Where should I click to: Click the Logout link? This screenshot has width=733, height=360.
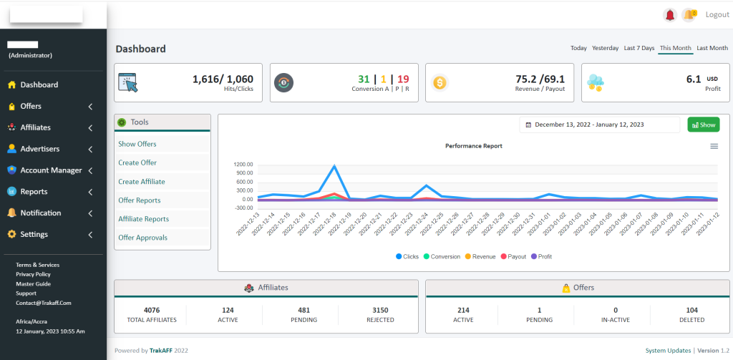point(717,14)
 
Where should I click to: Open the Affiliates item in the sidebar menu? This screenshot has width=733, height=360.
point(35,127)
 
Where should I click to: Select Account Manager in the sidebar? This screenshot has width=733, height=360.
point(51,170)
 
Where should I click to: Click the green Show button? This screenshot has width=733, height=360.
point(703,125)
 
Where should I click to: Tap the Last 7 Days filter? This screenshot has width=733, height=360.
point(639,48)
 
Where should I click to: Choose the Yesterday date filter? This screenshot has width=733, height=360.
point(605,48)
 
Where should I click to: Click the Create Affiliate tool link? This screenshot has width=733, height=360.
point(141,182)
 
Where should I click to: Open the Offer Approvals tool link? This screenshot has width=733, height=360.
point(142,238)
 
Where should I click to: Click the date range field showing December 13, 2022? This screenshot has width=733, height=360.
point(598,125)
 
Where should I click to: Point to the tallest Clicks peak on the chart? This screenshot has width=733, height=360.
point(334,166)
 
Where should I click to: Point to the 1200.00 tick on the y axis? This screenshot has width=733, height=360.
point(243,164)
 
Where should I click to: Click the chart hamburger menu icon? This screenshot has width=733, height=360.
point(714,146)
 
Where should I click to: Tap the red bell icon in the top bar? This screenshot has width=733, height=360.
point(670,14)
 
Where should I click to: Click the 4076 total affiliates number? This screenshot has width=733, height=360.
point(152,310)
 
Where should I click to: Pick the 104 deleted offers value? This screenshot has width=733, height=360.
point(692,310)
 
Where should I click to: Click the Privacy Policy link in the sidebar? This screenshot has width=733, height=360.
point(33,274)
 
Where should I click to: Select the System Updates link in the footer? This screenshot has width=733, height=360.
point(667,351)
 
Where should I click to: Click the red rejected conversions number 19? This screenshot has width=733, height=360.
point(403,79)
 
